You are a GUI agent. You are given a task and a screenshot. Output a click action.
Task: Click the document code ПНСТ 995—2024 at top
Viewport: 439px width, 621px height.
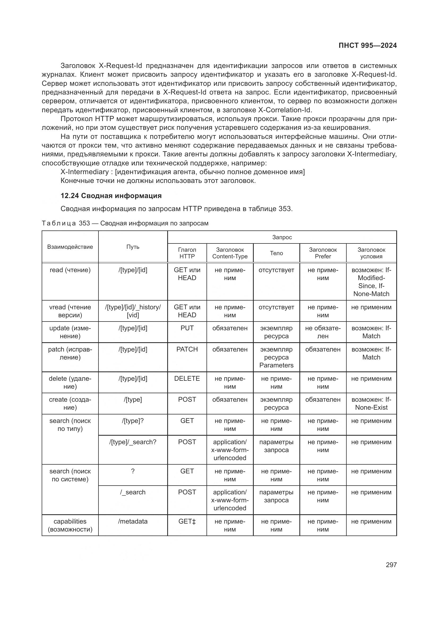[367, 45]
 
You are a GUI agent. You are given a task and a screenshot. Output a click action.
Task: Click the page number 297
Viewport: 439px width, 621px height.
[391, 565]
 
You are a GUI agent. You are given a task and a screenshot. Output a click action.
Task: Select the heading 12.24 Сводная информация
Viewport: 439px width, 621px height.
[111, 196]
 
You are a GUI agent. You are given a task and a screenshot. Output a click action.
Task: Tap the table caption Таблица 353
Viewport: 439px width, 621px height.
[125, 223]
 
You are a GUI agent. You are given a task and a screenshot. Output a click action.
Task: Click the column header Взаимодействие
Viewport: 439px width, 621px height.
[70, 247]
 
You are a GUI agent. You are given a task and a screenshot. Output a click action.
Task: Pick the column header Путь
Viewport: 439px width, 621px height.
[133, 247]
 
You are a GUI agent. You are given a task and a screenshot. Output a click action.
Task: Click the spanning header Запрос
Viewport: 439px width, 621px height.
[282, 237]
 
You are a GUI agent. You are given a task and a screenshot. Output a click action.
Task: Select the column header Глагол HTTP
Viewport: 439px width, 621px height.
[187, 253]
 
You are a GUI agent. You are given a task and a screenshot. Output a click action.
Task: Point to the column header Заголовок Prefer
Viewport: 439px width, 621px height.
[323, 253]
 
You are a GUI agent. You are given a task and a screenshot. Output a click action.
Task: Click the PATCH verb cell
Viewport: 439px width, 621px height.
[187, 349]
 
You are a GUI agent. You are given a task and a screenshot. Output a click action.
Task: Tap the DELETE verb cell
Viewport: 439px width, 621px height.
[187, 378]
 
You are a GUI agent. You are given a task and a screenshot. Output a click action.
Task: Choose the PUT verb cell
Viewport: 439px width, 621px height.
[187, 328]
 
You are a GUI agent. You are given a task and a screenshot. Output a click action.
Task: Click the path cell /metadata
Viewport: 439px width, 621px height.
[133, 521]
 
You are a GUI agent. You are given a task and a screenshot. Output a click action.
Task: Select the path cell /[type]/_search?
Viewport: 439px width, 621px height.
[133, 442]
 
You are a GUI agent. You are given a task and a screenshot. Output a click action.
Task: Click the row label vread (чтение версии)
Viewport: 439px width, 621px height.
[70, 311]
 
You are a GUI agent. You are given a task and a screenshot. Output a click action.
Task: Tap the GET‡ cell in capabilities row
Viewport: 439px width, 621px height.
[187, 521]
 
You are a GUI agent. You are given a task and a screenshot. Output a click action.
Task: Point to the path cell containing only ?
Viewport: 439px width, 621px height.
[133, 471]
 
